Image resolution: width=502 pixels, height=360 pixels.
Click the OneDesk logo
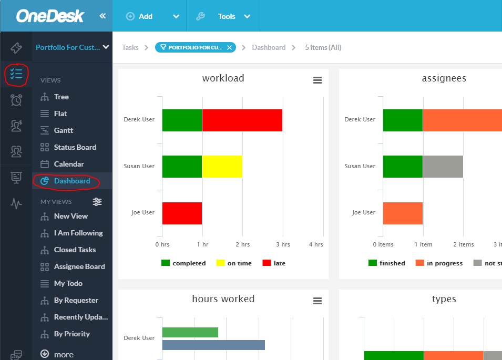click(50, 16)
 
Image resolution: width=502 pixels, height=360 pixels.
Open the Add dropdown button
click(152, 16)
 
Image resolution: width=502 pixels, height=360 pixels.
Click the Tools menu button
click(224, 16)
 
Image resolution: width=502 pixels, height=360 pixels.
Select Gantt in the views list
click(63, 130)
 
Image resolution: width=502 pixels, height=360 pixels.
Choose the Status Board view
click(75, 147)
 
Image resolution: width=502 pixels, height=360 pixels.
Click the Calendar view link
click(68, 164)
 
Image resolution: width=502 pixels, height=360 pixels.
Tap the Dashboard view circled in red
click(71, 181)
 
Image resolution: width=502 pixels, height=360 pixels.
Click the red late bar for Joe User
click(182, 213)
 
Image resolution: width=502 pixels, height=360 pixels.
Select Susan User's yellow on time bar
click(222, 166)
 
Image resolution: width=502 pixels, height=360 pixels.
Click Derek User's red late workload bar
click(242, 120)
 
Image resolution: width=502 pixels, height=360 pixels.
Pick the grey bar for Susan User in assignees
click(443, 166)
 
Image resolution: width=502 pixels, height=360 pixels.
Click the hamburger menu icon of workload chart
click(317, 80)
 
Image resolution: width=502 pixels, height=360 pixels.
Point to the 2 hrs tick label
click(242, 244)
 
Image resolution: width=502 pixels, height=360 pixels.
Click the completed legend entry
click(183, 263)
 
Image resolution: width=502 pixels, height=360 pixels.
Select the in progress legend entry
click(439, 263)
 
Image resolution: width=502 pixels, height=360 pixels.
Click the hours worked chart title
click(223, 299)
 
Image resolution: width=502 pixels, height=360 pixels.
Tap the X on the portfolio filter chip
click(230, 47)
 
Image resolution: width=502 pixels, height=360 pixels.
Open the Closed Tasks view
click(75, 250)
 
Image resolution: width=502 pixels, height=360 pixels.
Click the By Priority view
click(71, 334)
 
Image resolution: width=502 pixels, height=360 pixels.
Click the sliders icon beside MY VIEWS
click(97, 202)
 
